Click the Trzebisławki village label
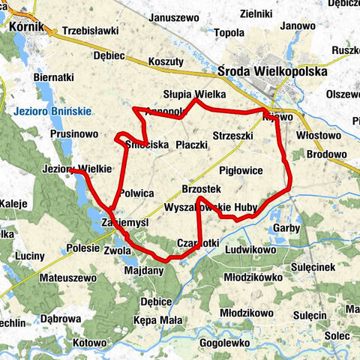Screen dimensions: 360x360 [x=91, y=31]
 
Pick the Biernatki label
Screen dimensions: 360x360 [x=54, y=76]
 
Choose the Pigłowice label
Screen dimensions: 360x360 [x=242, y=170]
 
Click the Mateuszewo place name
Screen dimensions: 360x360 [x=68, y=277]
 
